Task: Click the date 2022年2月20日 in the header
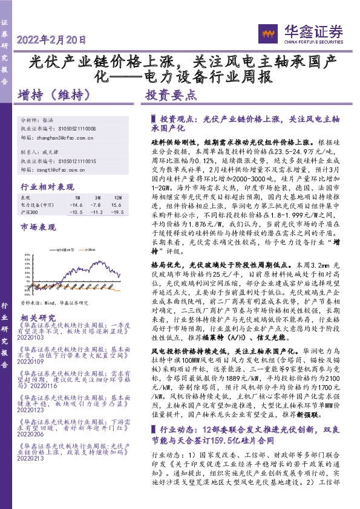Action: [x=53, y=41]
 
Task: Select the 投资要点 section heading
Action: [x=171, y=96]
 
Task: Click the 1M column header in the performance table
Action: [x=77, y=198]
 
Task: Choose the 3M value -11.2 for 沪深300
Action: [x=96, y=212]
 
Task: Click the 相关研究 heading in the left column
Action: [x=38, y=318]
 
